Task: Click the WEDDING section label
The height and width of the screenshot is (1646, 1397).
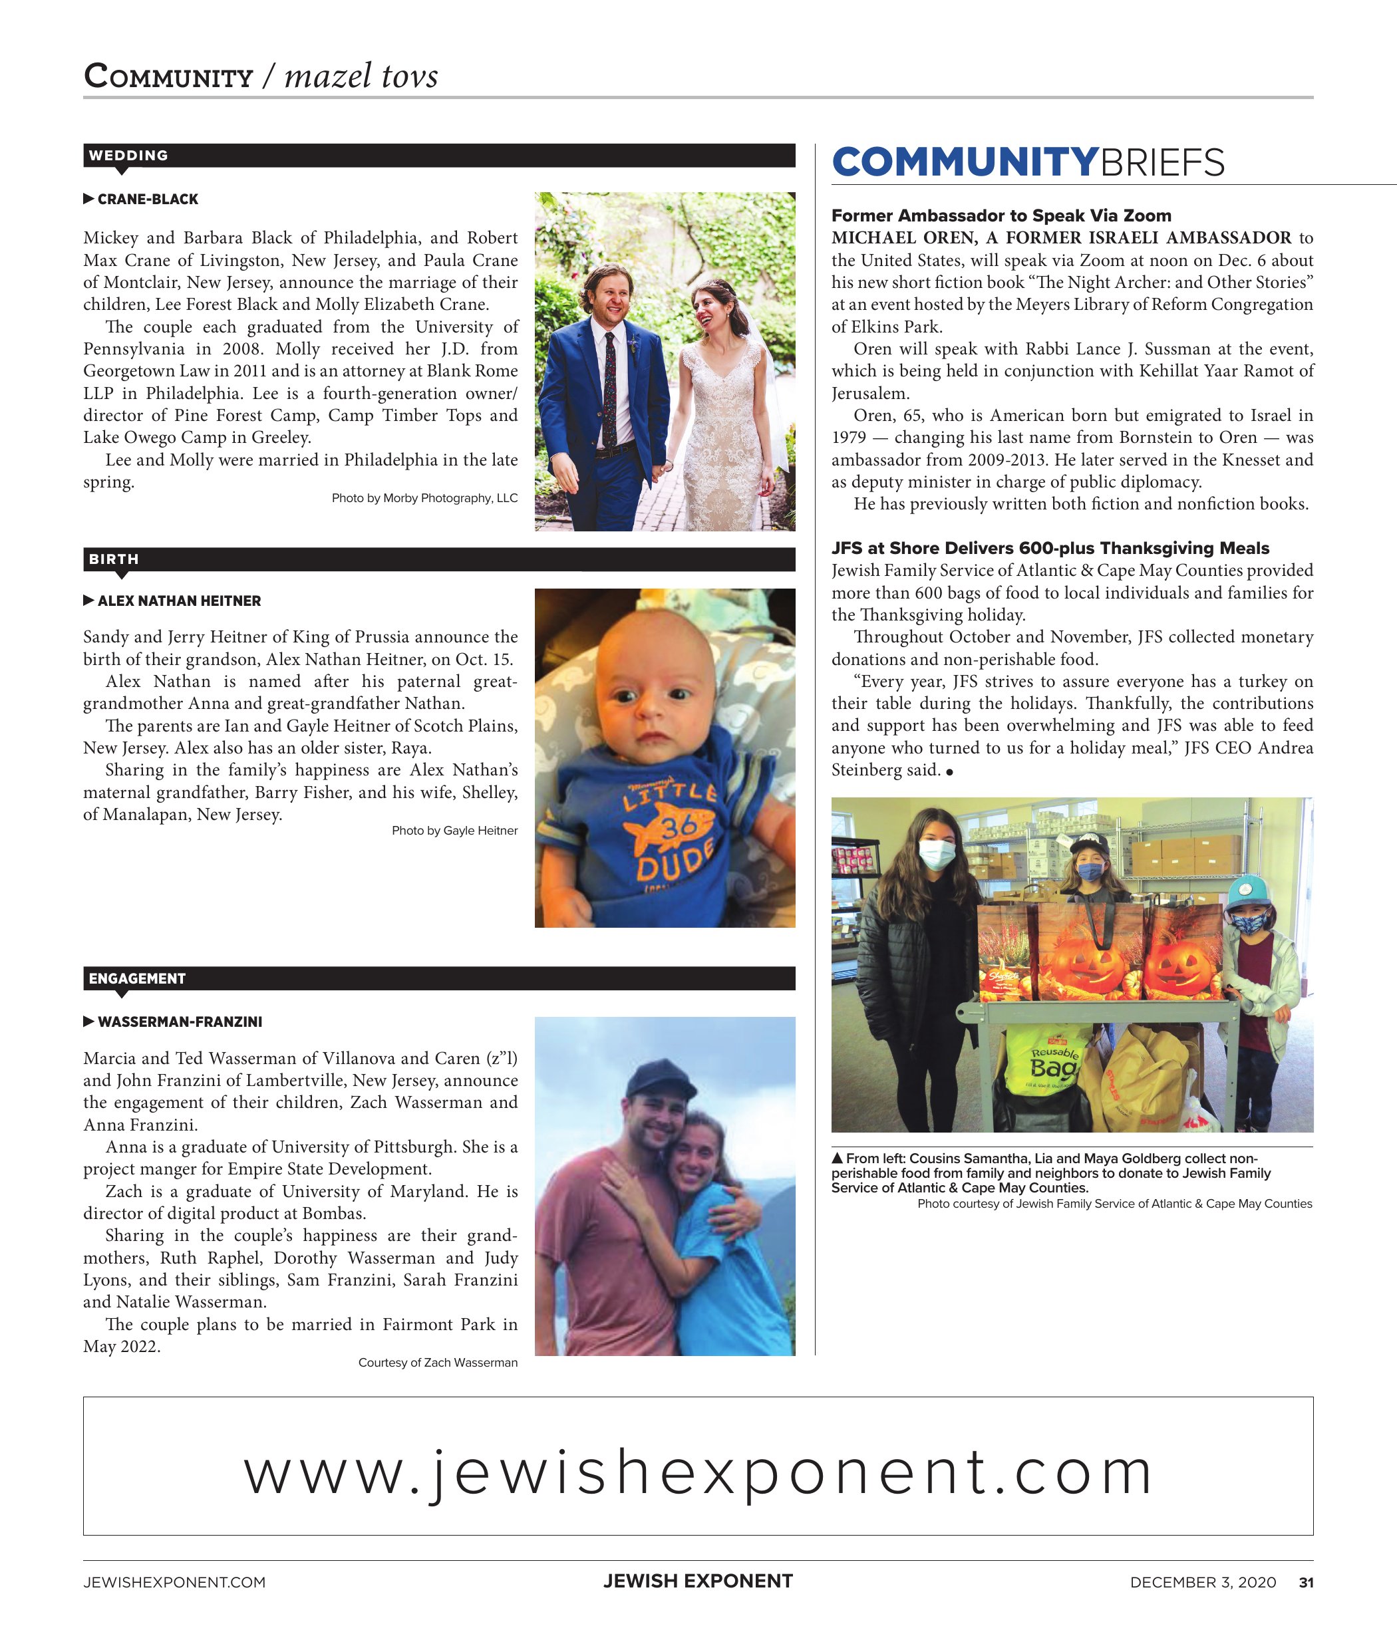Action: [x=128, y=155]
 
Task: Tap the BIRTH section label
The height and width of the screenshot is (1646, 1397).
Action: [x=113, y=559]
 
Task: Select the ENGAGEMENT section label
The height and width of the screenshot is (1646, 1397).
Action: [x=137, y=978]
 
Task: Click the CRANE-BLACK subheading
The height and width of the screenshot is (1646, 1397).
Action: [x=147, y=200]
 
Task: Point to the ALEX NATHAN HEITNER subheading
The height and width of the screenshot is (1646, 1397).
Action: [x=179, y=601]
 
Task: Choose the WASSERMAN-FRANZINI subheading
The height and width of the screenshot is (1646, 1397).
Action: [x=180, y=1022]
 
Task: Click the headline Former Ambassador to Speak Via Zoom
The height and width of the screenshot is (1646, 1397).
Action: [x=1001, y=215]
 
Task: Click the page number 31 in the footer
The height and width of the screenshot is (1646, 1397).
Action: [x=1306, y=1583]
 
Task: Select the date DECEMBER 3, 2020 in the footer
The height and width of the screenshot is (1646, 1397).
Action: [x=1203, y=1583]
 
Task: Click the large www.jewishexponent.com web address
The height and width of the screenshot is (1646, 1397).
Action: [x=698, y=1472]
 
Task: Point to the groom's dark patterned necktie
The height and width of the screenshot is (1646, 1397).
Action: [x=610, y=388]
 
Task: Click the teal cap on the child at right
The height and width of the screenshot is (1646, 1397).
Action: [x=1248, y=891]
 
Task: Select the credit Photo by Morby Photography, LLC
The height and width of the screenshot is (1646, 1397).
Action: [x=424, y=498]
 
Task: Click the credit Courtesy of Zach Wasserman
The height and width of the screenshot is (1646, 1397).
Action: [x=438, y=1363]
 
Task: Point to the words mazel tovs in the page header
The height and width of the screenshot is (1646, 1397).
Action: [x=361, y=76]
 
